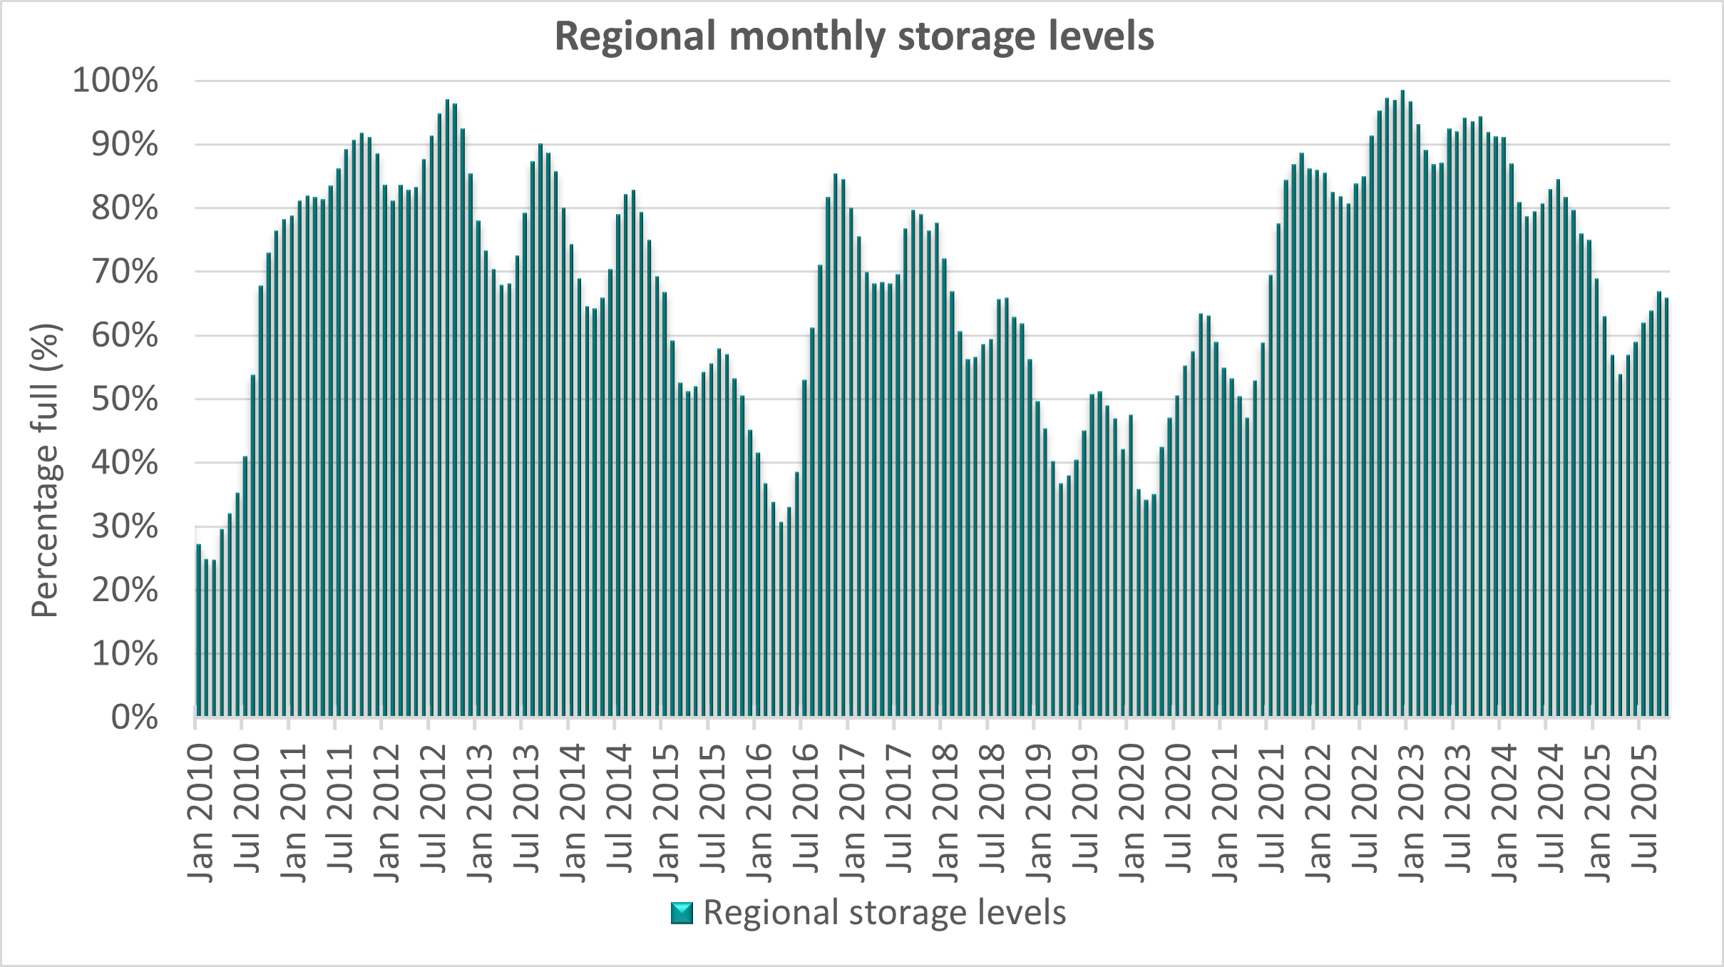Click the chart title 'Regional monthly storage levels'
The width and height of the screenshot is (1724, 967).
854,37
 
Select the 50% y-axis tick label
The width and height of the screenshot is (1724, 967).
125,400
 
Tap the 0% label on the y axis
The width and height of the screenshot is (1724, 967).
134,717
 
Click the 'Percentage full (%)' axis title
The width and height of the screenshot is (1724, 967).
47,471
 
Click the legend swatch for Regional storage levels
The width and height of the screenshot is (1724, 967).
682,914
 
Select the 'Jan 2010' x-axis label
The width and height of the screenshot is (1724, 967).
202,813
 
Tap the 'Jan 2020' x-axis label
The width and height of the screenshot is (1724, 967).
1133,813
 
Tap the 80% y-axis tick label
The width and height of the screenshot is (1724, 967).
125,209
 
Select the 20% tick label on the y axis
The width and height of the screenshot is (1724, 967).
125,590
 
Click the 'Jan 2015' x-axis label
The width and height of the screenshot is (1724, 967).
667,813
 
